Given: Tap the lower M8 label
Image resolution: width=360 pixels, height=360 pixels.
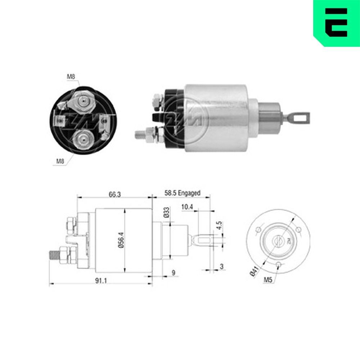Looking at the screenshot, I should (60, 161).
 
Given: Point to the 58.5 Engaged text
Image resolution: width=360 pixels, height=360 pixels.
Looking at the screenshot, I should (182, 193).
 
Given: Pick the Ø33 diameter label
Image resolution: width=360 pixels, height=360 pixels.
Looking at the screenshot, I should (166, 213).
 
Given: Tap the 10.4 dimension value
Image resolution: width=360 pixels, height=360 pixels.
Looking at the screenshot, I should (187, 207).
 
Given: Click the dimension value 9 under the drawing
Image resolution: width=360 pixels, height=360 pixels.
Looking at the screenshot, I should (173, 273).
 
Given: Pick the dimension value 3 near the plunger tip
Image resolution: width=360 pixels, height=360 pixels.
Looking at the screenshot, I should (221, 266).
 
